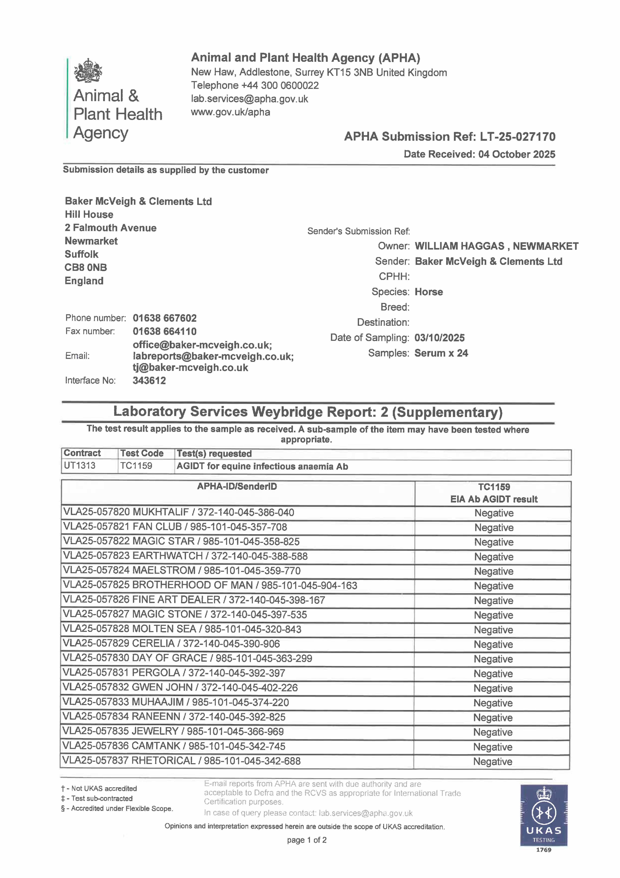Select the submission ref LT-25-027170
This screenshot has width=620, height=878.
(518, 136)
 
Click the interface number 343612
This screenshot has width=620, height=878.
(149, 381)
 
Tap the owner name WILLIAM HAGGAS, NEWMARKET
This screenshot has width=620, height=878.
(496, 246)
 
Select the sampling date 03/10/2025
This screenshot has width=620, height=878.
(439, 338)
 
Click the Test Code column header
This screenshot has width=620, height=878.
(142, 454)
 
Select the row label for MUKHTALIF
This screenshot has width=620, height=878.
(178, 512)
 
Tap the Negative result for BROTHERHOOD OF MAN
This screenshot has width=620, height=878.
(494, 586)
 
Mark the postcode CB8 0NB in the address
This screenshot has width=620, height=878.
(86, 268)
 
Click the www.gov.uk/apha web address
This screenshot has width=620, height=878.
(230, 112)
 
